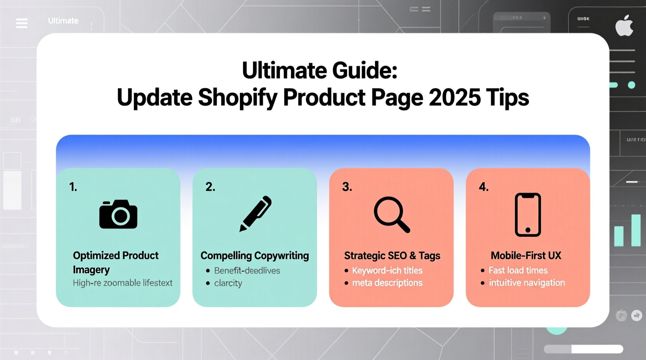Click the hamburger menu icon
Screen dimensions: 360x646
click(x=22, y=23)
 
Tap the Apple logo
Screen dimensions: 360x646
click(x=624, y=26)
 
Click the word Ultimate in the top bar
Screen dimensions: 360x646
click(x=63, y=21)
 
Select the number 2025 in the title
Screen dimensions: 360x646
click(x=455, y=97)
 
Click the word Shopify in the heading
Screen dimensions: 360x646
click(x=238, y=97)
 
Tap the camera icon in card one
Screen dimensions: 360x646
click(x=118, y=214)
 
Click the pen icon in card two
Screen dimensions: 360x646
click(x=255, y=213)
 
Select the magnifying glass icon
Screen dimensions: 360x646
click(x=391, y=215)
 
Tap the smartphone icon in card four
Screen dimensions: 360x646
click(x=528, y=215)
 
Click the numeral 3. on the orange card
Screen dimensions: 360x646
click(x=347, y=187)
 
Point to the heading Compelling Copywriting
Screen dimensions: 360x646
click(x=255, y=256)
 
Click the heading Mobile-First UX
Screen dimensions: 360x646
click(x=526, y=256)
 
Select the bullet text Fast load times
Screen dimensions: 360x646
click(x=518, y=270)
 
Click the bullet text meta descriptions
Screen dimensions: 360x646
click(x=387, y=283)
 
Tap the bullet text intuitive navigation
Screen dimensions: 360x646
click(x=527, y=283)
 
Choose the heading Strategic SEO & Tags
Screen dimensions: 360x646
click(x=392, y=256)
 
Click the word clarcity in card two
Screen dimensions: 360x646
click(x=228, y=283)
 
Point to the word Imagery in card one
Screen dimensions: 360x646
click(x=91, y=270)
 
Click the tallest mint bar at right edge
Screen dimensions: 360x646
click(x=636, y=230)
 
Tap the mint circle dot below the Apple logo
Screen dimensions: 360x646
click(x=632, y=85)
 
